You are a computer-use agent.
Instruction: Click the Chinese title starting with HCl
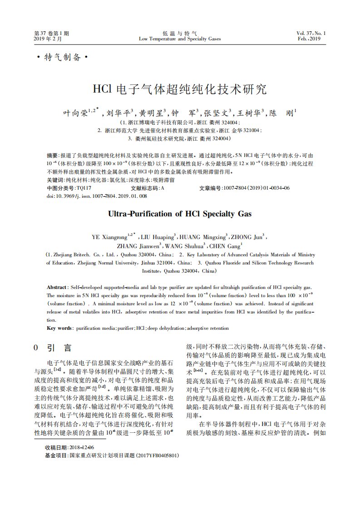pos(180,89)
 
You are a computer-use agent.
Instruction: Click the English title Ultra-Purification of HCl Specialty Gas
pos(180,214)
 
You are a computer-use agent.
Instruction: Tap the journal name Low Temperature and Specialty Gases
pos(180,39)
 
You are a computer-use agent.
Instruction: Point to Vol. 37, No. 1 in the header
pos(311,33)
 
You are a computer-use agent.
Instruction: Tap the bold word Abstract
pos(56,288)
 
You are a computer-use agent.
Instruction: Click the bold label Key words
pos(59,328)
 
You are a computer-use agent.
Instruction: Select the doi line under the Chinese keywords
pos(97,196)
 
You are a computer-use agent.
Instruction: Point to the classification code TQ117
pos(84,188)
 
